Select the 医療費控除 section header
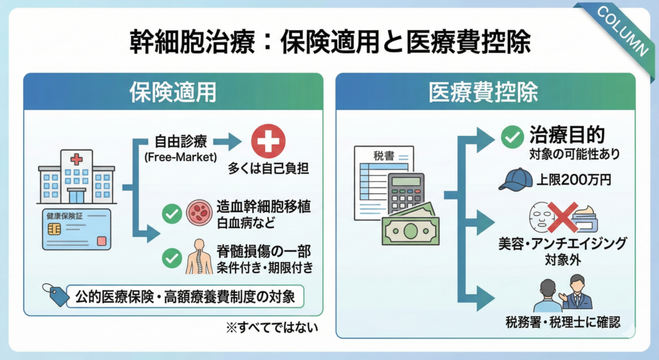[485, 92]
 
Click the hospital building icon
[77, 176]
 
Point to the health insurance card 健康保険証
[77, 229]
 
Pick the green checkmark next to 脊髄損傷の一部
[171, 258]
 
